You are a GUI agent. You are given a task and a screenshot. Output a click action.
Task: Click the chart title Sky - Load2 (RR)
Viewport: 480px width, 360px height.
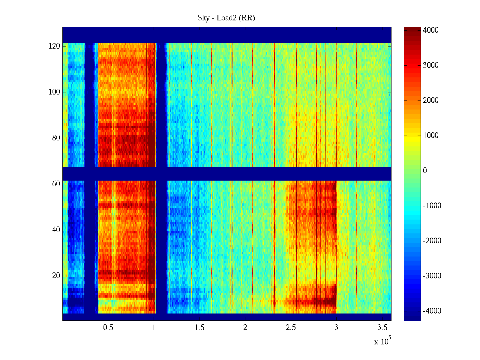pyautogui.click(x=226, y=18)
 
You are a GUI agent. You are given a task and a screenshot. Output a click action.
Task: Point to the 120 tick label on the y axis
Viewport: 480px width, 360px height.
pyautogui.click(x=54, y=46)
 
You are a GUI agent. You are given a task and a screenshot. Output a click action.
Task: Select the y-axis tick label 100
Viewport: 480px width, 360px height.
pyautogui.click(x=54, y=92)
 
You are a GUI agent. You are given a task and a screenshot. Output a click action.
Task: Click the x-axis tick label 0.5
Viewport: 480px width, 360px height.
pyautogui.click(x=108, y=328)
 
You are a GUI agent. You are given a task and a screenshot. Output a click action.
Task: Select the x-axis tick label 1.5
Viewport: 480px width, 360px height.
pyautogui.click(x=199, y=328)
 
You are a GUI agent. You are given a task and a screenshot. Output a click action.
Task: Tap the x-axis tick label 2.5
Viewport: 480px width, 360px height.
pyautogui.click(x=291, y=328)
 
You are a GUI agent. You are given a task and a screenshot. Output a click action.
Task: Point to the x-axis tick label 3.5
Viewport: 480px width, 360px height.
pyautogui.click(x=382, y=328)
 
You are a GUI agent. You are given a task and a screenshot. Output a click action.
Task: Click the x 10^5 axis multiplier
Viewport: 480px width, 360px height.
pyautogui.click(x=382, y=341)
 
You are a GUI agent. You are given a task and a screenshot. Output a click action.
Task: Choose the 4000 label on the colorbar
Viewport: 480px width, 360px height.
pyautogui.click(x=431, y=30)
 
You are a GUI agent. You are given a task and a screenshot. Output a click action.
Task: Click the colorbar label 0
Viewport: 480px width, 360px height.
pyautogui.click(x=425, y=171)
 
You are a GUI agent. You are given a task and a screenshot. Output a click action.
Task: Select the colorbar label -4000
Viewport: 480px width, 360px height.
pyautogui.click(x=432, y=311)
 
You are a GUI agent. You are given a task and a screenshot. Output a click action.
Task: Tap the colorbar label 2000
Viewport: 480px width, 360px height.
pyautogui.click(x=431, y=100)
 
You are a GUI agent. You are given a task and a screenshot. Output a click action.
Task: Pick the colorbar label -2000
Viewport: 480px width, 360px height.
pyautogui.click(x=432, y=241)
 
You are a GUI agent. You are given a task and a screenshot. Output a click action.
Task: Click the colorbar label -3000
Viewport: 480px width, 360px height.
pyautogui.click(x=432, y=276)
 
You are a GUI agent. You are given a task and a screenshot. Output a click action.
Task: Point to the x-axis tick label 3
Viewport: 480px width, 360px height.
pyautogui.click(x=336, y=328)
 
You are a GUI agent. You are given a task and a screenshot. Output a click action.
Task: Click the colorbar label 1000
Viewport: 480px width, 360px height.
pyautogui.click(x=431, y=136)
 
